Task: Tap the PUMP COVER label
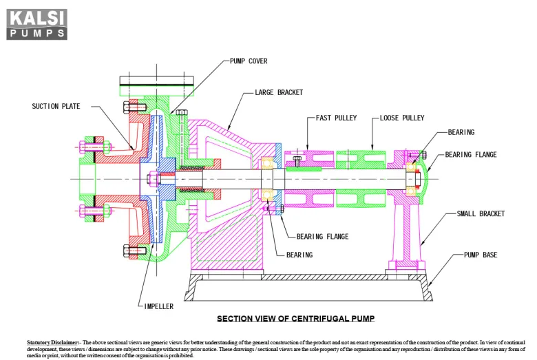pyautogui.click(x=249, y=61)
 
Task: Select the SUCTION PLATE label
pyautogui.click(x=56, y=106)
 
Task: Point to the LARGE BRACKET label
pyautogui.click(x=278, y=92)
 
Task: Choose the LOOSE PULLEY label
pyautogui.click(x=402, y=118)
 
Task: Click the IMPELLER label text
pyautogui.click(x=159, y=306)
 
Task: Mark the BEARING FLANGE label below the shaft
pyautogui.click(x=322, y=236)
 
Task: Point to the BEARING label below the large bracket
pyautogui.click(x=299, y=255)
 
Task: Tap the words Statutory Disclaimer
pyautogui.click(x=53, y=342)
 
